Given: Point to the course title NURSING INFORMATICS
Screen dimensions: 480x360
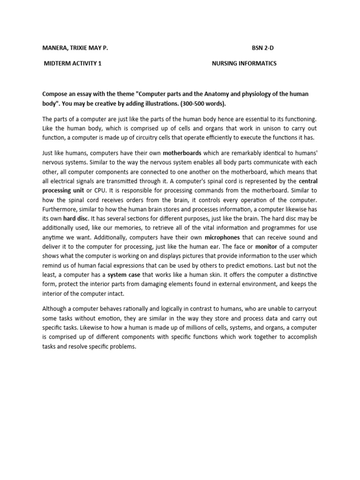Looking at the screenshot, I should tap(244, 64).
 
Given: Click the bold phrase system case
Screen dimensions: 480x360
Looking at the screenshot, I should tap(123, 274).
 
